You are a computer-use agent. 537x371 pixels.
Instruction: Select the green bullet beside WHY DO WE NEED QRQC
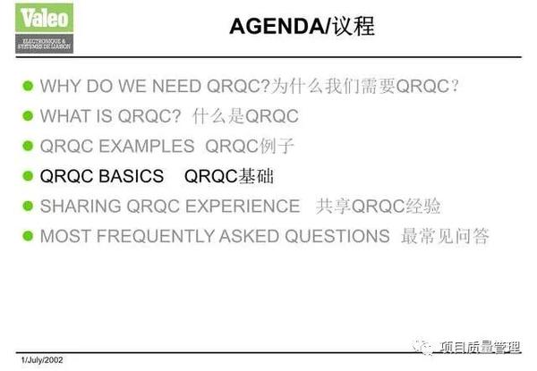pos(27,87)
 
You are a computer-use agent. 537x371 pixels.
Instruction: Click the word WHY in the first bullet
pos(61,87)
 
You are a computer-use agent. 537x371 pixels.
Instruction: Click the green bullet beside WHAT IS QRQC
pos(27,116)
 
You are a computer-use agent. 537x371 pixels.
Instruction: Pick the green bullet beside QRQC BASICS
pos(27,176)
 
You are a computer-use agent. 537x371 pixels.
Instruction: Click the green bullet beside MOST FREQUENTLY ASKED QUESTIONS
pos(27,236)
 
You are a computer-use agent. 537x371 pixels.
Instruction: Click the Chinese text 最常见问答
pos(445,236)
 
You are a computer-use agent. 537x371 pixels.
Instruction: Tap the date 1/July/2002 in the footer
pos(43,359)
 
